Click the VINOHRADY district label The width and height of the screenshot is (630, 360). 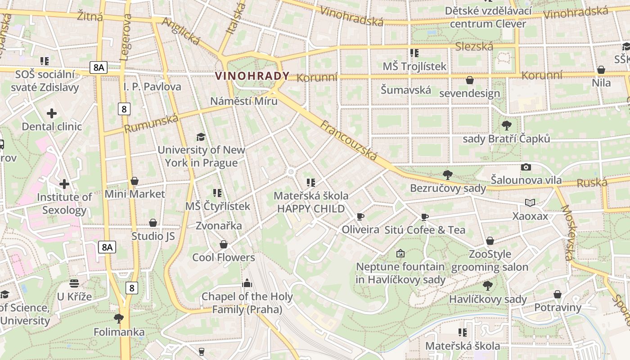(252, 76)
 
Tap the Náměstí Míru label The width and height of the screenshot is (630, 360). (243, 101)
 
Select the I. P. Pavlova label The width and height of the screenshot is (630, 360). (152, 86)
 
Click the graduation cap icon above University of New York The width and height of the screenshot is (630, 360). (201, 137)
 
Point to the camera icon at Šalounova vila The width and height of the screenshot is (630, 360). (526, 167)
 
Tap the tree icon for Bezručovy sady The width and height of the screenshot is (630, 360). (447, 175)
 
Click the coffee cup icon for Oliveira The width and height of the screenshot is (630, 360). (360, 217)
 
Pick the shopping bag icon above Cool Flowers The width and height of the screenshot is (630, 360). (223, 244)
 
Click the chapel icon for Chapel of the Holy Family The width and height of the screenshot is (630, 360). (247, 283)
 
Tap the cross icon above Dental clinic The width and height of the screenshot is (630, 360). (52, 113)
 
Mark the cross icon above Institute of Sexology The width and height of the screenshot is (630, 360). (64, 184)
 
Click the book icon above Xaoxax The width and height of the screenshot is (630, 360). (530, 203)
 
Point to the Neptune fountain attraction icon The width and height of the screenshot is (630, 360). (400, 254)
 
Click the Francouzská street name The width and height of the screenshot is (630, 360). (349, 140)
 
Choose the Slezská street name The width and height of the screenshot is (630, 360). (474, 46)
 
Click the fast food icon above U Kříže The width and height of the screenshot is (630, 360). (74, 283)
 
